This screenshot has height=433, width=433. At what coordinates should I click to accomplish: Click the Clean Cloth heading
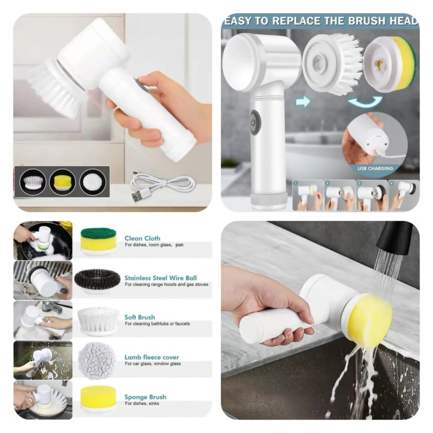142,238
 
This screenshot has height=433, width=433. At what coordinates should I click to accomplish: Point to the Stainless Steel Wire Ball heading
160,278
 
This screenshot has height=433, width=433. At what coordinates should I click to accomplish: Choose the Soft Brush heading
140,317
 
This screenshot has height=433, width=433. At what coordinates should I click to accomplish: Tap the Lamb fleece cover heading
152,357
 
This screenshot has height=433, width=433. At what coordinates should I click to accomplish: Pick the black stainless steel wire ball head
97,280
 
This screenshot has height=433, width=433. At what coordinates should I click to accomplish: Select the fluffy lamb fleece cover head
97,360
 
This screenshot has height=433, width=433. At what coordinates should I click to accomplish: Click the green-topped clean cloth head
98,240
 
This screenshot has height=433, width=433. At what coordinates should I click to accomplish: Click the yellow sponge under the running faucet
370,321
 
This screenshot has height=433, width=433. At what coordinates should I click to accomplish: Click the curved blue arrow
365,101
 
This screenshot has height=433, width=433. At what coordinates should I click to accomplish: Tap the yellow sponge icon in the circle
62,181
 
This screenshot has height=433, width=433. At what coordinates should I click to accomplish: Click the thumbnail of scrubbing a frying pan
43,240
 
